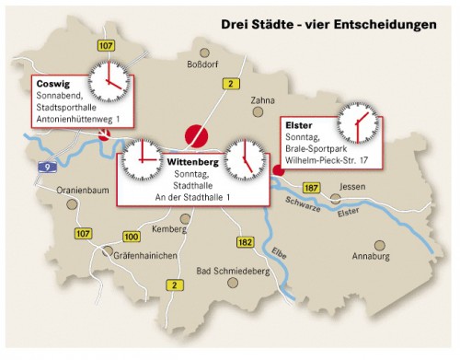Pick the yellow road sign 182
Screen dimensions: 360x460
point(245,241)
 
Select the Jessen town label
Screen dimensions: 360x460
point(352,187)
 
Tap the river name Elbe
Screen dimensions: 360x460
point(279,252)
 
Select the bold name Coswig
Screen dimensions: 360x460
point(53,82)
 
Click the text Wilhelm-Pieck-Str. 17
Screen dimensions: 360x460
point(328,160)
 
